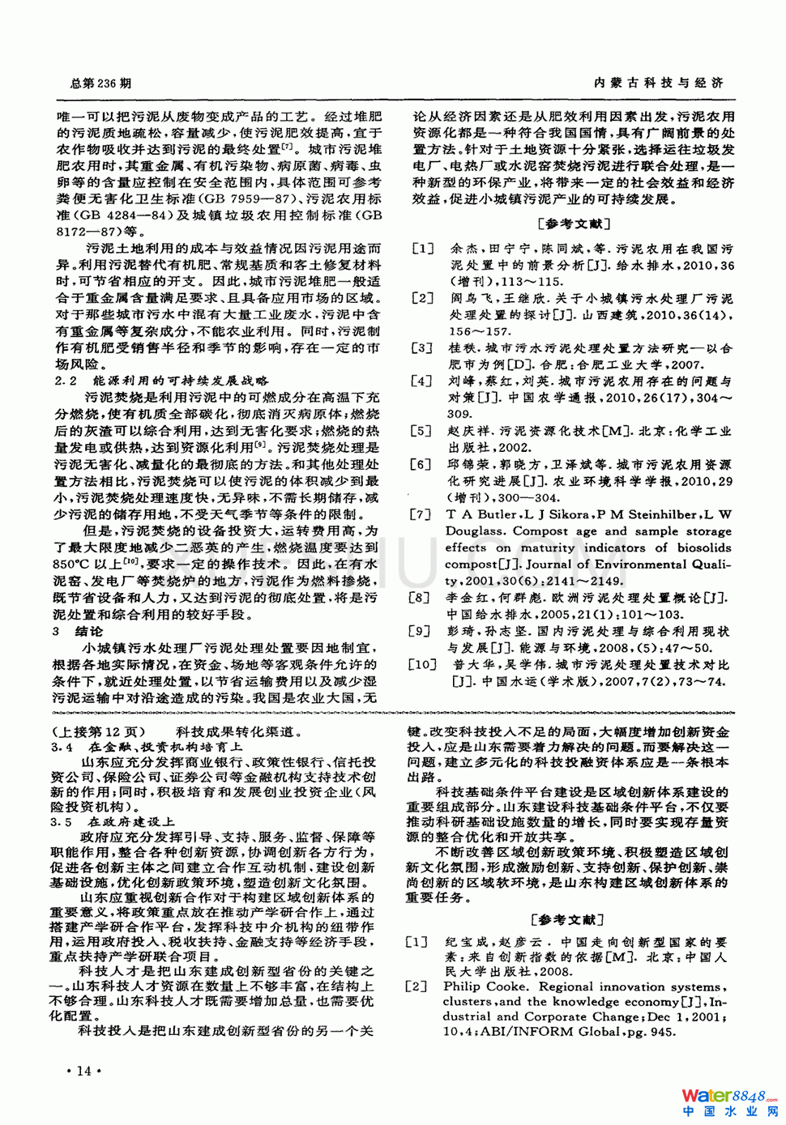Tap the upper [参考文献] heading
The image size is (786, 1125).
point(574,224)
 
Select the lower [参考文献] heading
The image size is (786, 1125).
point(567,919)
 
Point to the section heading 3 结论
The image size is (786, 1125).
point(78,631)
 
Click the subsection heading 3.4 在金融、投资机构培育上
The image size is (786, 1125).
point(146,747)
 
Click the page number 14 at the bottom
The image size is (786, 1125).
point(83,1071)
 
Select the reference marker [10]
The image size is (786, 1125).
point(422,665)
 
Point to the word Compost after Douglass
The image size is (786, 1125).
point(540,531)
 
